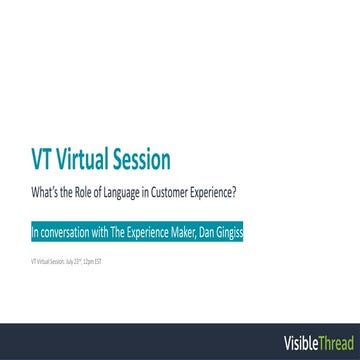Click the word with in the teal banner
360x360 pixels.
[104, 212]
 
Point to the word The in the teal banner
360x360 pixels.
[123, 212]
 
